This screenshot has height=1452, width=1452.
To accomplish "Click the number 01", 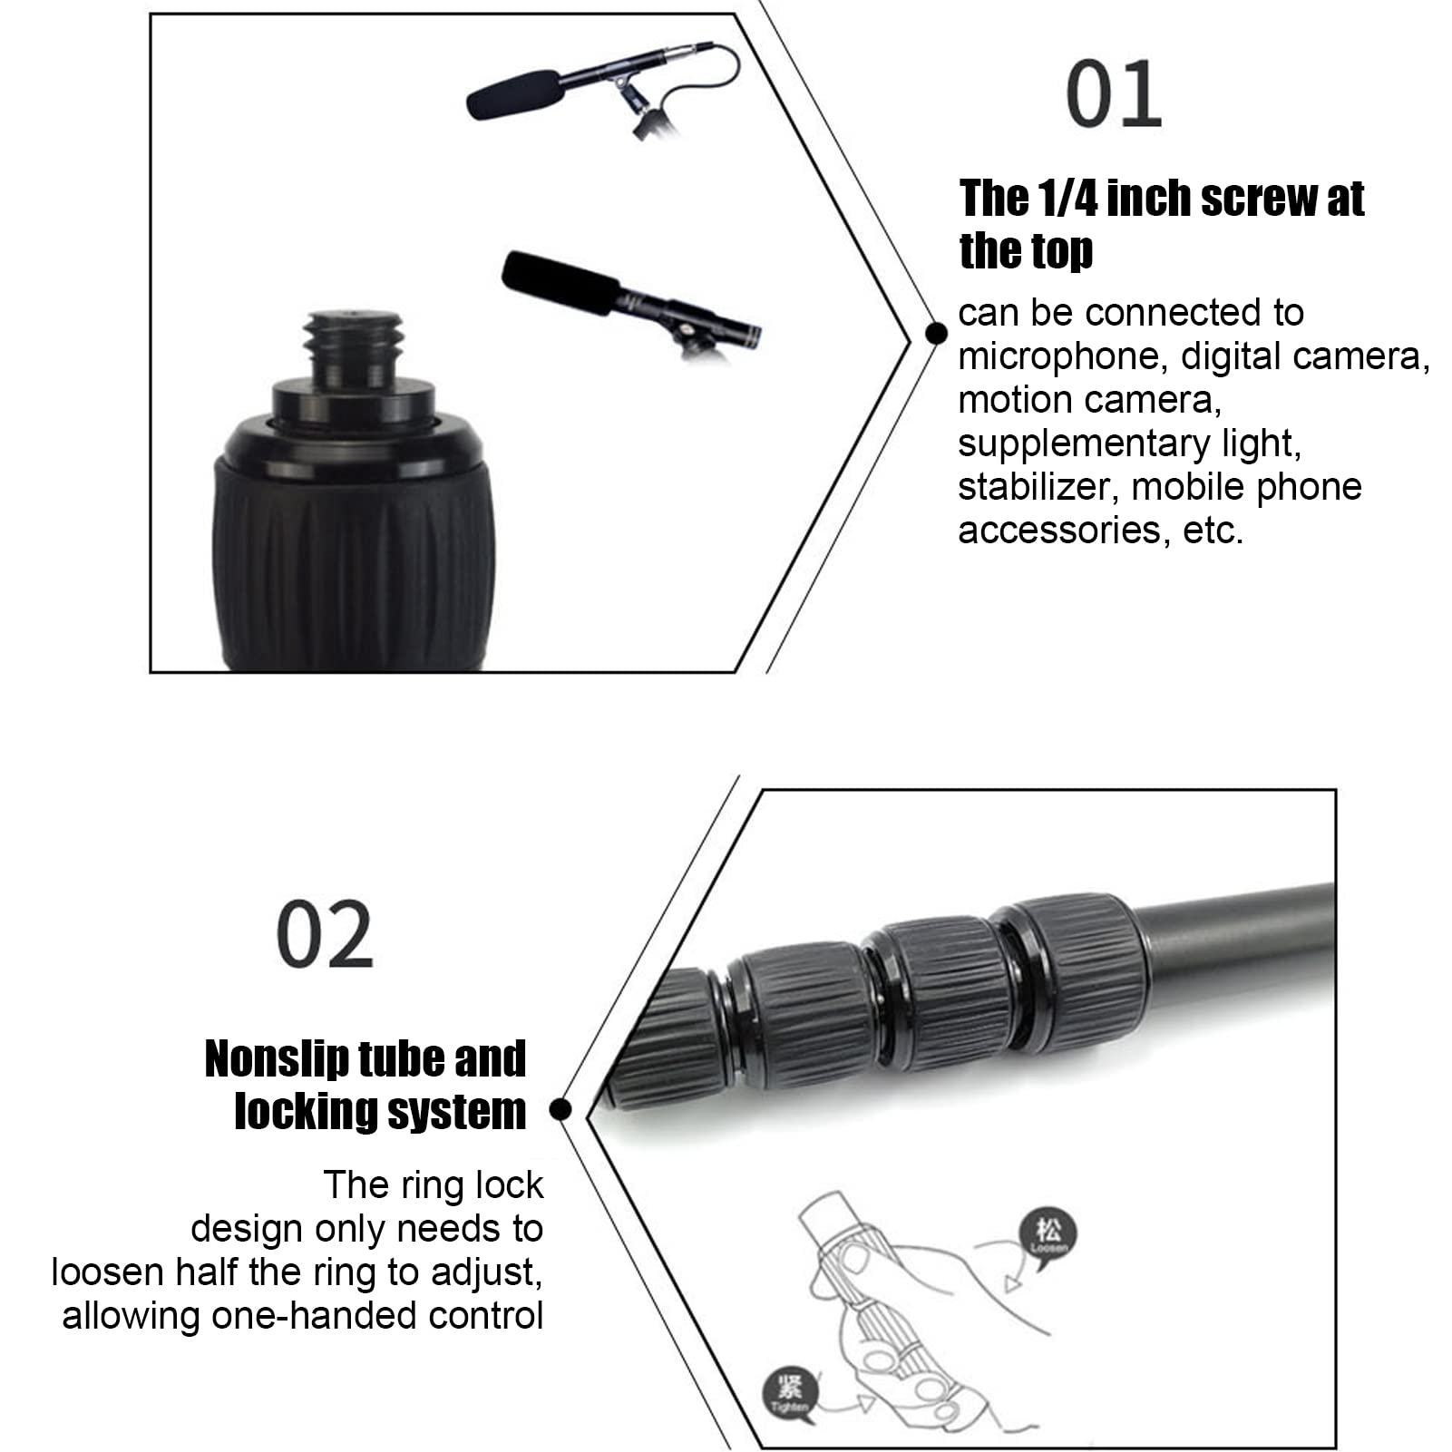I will [x=1113, y=94].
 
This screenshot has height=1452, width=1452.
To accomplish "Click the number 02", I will [x=324, y=934].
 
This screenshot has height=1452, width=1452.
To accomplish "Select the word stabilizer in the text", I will [x=1029, y=487].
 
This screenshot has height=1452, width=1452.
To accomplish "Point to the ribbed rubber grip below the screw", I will [x=354, y=562].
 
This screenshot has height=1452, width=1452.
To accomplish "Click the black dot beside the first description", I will [x=936, y=334].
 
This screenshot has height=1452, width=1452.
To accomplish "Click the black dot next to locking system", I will [x=560, y=1109].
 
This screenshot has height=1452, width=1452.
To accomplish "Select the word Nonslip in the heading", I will [x=277, y=1059].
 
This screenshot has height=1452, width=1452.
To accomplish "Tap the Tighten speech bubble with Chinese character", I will [x=789, y=1390].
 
